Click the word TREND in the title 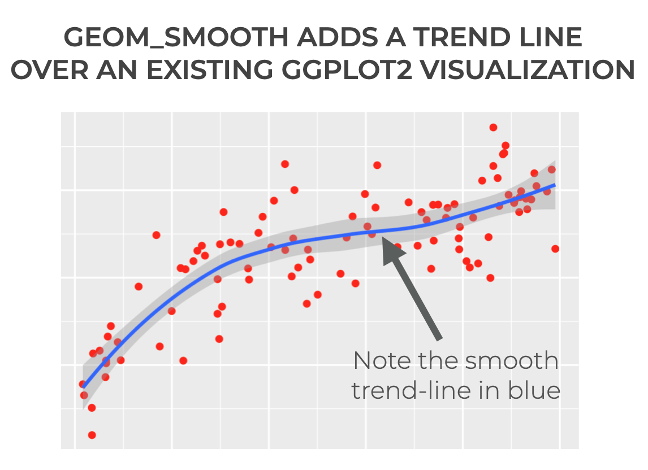coord(452,38)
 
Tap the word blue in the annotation coord(533,390)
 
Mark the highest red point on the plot coord(493,128)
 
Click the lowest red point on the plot coord(92,435)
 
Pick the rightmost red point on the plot coord(555,249)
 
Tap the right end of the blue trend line coord(555,185)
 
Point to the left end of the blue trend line coord(84,388)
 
